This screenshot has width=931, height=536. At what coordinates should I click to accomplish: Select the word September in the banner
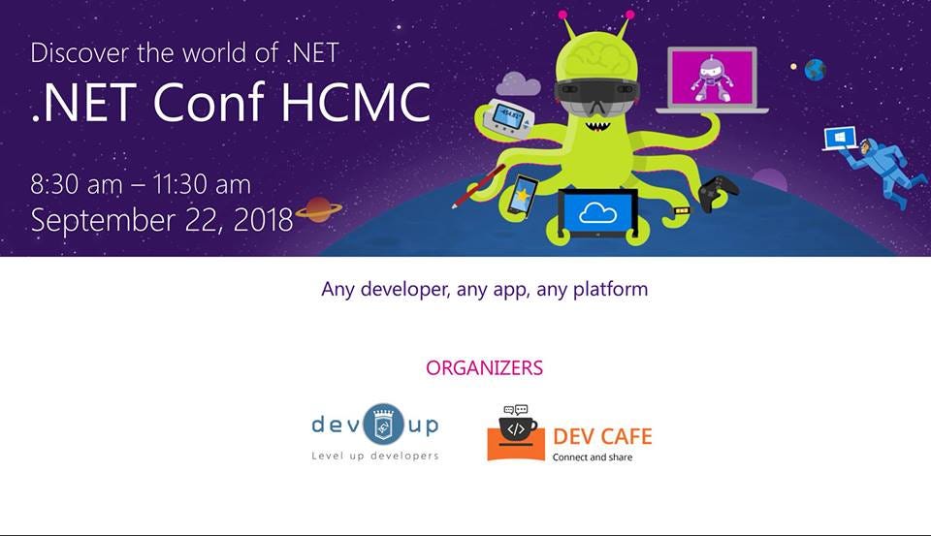(97, 221)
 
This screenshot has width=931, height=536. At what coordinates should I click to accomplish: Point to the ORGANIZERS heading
(484, 368)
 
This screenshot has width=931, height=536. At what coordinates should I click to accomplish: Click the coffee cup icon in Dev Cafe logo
(516, 429)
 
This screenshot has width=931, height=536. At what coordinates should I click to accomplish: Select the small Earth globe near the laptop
(815, 70)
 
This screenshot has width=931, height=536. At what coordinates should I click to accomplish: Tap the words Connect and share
(592, 457)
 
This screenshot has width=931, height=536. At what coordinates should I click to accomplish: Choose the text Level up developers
(374, 456)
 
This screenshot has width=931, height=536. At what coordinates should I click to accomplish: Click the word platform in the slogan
(610, 289)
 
